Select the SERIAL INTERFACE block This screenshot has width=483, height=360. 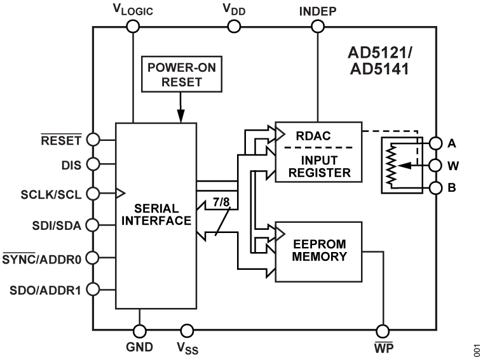click(156, 216)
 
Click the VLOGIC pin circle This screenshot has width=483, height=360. click(133, 26)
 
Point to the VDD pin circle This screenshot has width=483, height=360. click(234, 26)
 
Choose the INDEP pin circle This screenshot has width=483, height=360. click(317, 26)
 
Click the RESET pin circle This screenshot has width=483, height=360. click(93, 139)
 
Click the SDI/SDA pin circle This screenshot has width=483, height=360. click(93, 223)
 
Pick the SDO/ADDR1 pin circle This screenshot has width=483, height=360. click(93, 290)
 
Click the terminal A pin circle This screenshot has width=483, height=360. click(436, 142)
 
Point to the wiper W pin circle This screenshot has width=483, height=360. click(436, 165)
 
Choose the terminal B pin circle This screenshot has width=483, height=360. click(436, 188)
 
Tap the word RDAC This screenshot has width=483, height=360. click(309, 135)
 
